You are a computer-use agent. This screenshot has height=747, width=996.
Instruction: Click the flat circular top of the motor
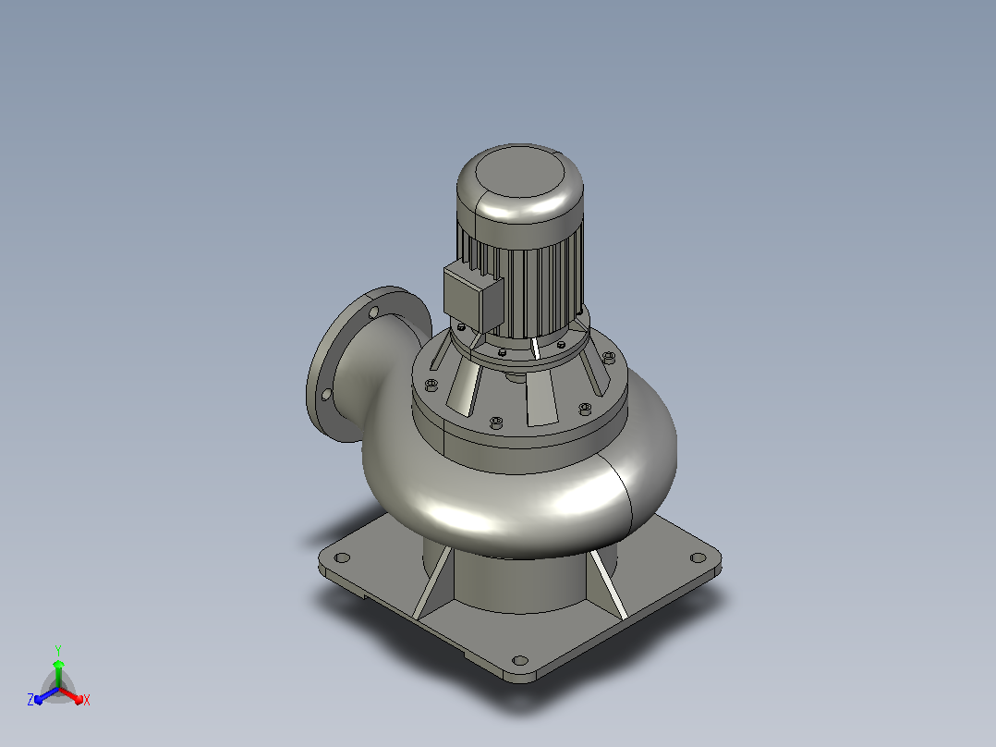point(519,171)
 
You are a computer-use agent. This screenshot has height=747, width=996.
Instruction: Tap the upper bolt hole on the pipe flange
point(374,312)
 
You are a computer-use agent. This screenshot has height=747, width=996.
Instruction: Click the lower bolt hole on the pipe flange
point(326,395)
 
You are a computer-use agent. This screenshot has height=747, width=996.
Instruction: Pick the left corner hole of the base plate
point(343,558)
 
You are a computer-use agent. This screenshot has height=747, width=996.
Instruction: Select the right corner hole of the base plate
point(698,557)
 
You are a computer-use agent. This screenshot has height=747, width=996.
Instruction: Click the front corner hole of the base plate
point(520,660)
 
